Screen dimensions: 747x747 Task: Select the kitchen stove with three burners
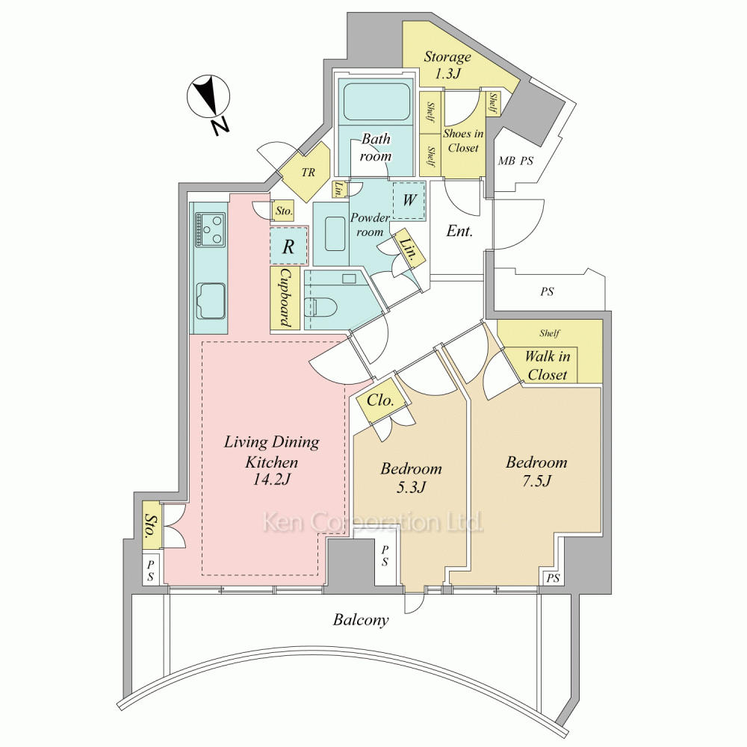point(210,229)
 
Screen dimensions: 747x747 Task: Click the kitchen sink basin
point(211,301)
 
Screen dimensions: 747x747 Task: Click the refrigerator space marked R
point(288,247)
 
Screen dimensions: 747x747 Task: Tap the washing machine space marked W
point(409,200)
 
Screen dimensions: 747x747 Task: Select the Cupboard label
point(285,298)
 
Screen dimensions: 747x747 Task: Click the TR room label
point(309,172)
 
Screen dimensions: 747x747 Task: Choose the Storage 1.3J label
point(447,65)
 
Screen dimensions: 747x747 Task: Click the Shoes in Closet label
point(463,140)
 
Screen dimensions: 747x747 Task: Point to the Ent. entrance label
point(459,232)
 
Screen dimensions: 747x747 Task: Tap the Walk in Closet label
point(548,365)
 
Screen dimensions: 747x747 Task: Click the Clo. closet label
point(380,400)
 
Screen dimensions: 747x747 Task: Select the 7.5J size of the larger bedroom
point(536,480)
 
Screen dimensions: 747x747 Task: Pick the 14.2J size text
point(271,479)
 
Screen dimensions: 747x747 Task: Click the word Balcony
point(361,620)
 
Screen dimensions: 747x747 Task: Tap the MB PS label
point(515,161)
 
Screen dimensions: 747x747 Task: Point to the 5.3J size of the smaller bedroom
point(411,486)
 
